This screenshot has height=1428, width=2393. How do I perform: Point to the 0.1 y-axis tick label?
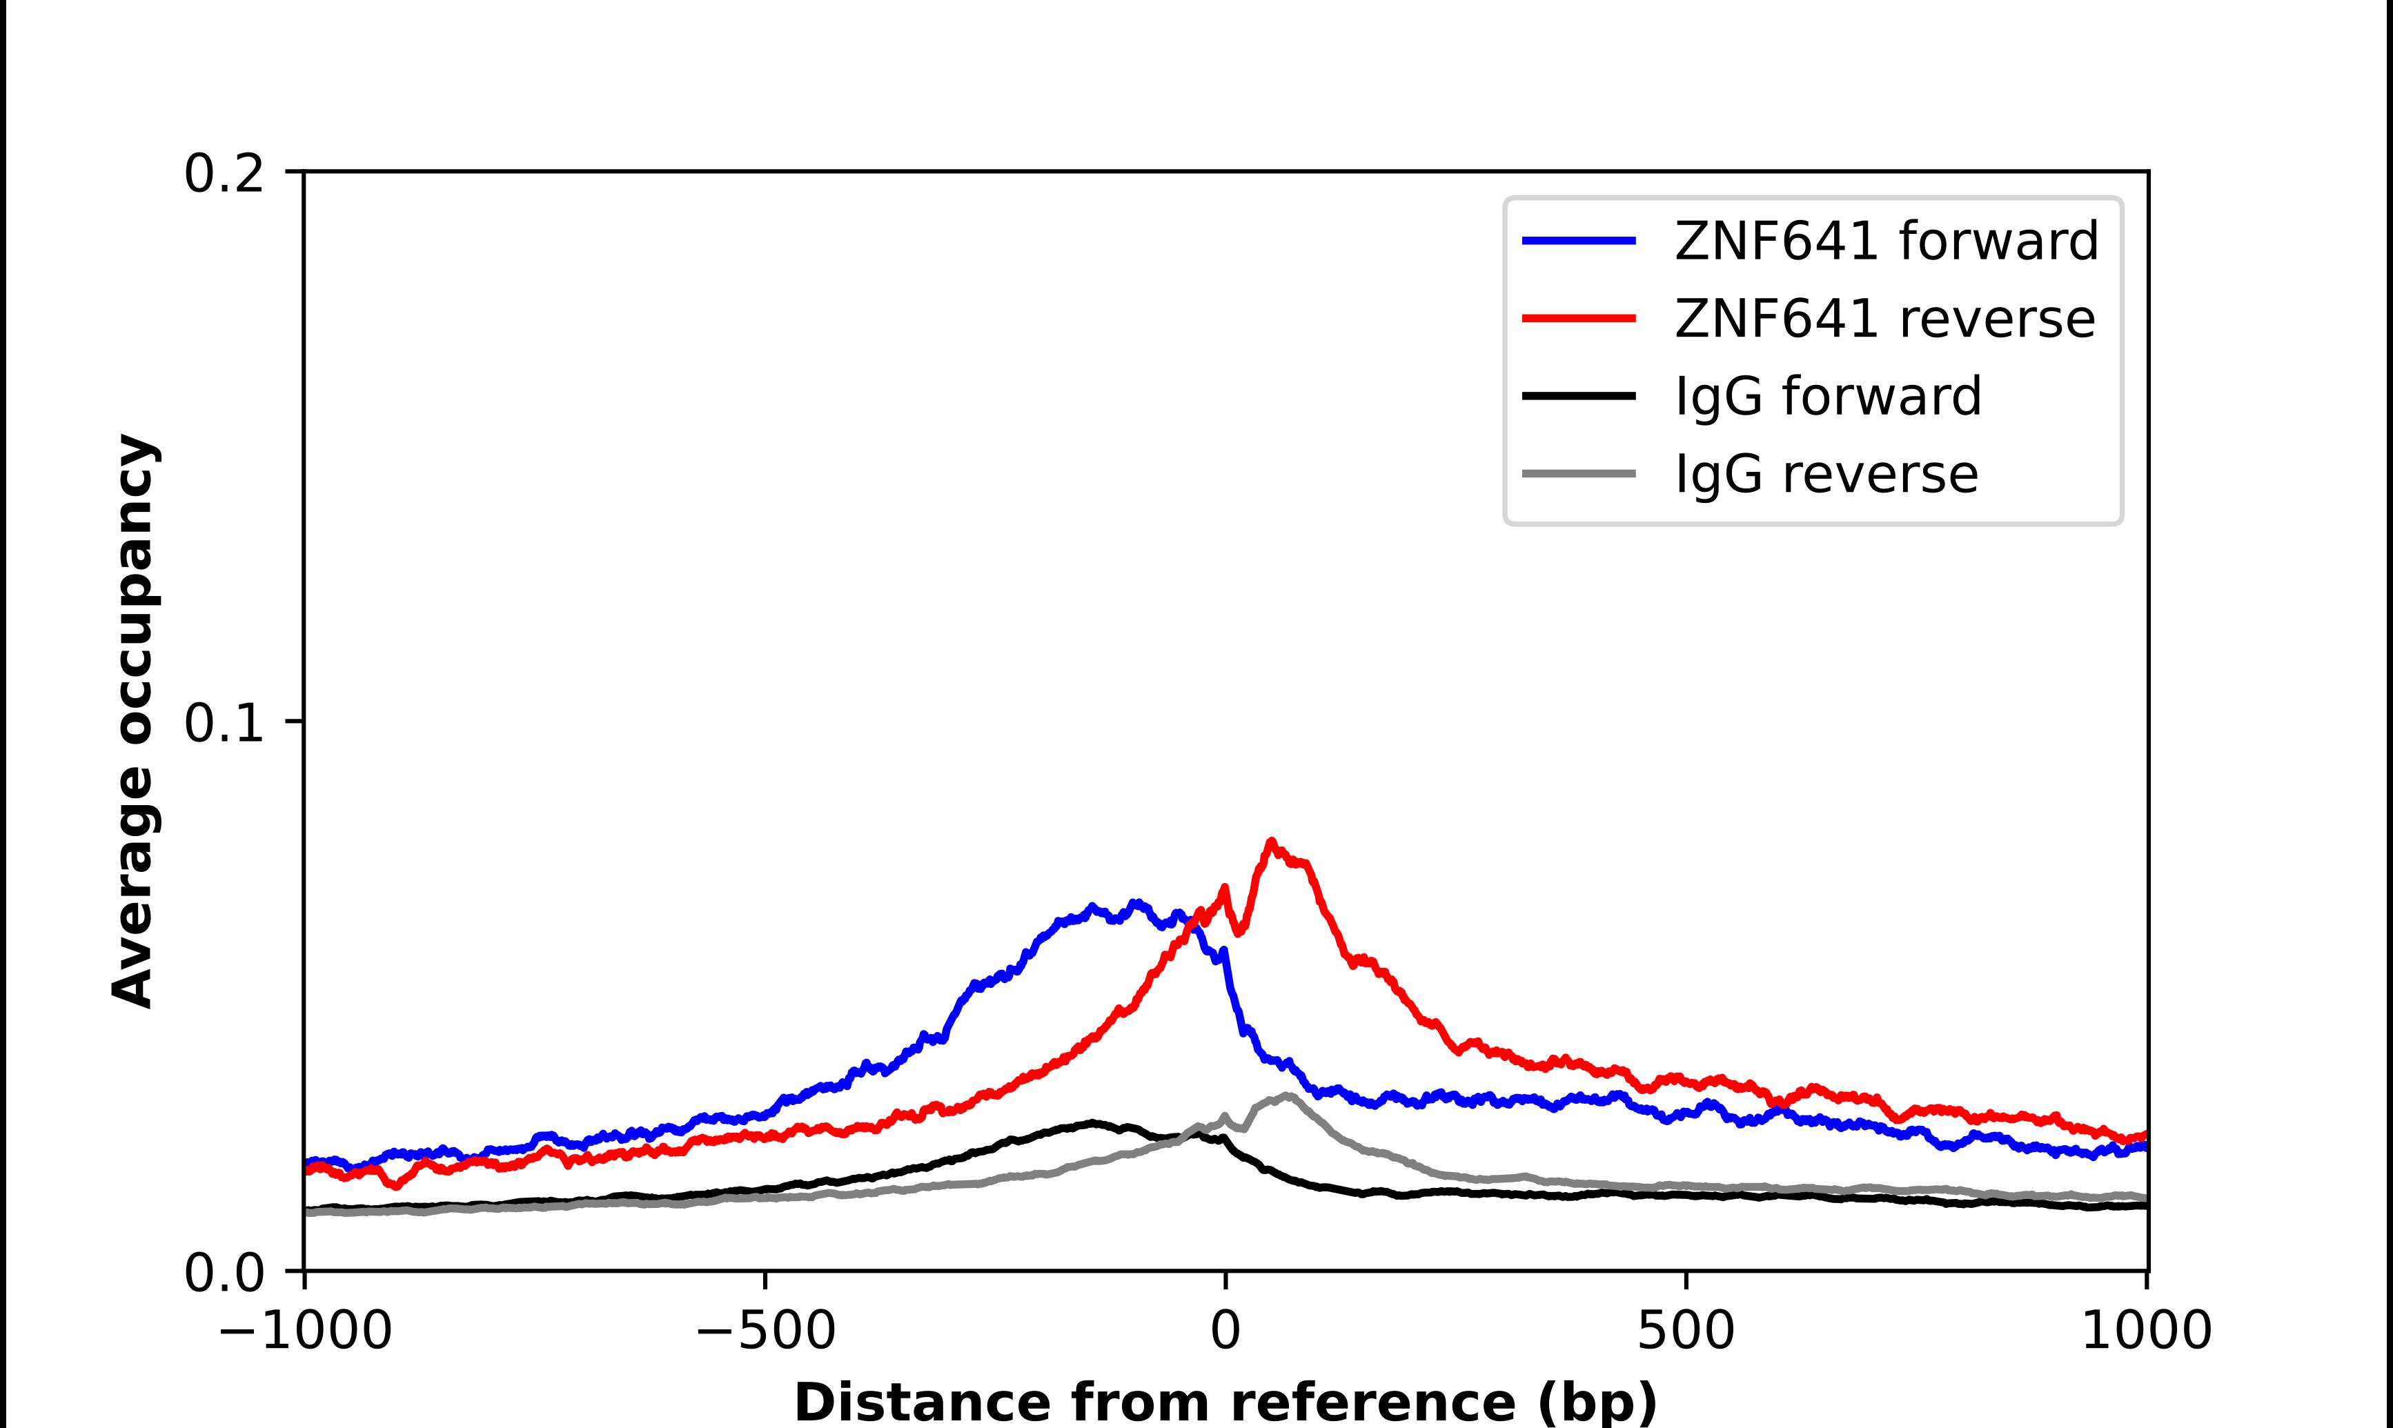pyautogui.click(x=224, y=723)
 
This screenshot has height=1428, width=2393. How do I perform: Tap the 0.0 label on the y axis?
pyautogui.click(x=224, y=1273)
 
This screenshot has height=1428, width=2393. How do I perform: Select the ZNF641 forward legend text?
pyautogui.click(x=1886, y=241)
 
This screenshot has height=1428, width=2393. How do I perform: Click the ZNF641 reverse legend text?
pyautogui.click(x=1884, y=319)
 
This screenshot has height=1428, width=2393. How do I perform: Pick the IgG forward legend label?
pyautogui.click(x=1828, y=397)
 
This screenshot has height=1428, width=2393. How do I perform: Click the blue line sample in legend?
pyautogui.click(x=1579, y=241)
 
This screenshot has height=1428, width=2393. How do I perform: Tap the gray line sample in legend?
pyautogui.click(x=1579, y=473)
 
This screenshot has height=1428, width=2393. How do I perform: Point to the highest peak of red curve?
pyautogui.click(x=1272, y=842)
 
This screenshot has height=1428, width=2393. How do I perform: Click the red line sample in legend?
pyautogui.click(x=1579, y=319)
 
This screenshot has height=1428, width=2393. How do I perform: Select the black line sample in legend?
pyautogui.click(x=1579, y=395)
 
